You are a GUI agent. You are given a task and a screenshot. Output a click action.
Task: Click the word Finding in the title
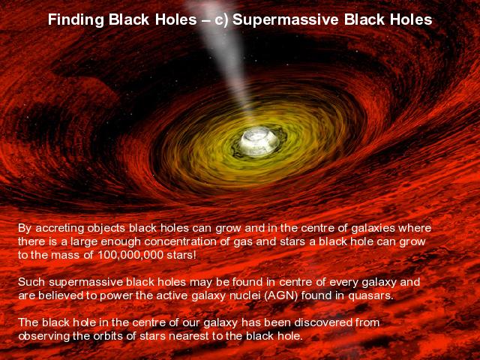pyautogui.click(x=76, y=20)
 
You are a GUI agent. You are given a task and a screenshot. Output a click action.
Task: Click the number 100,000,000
pyautogui.click(x=130, y=255)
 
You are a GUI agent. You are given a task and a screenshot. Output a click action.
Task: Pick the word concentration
pyautogui.click(x=181, y=241)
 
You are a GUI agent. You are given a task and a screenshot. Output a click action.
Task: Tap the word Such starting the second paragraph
pyautogui.click(x=31, y=282)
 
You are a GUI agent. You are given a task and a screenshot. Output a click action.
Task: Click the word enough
pyautogui.click(x=121, y=242)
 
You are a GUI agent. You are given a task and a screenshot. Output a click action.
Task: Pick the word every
pyautogui.click(x=343, y=283)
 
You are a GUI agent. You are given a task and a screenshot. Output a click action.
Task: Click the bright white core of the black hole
pyautogui.click(x=258, y=142)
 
